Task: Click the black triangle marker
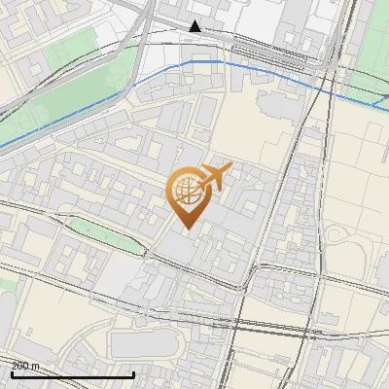coord(195,26)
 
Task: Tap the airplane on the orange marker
coord(215,176)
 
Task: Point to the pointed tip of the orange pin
coord(186,230)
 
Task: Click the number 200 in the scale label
coord(21,366)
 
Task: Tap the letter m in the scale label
coord(37,366)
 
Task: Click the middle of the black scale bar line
coord(72,374)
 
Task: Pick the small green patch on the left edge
coord(6,283)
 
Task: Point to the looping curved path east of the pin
coord(345,238)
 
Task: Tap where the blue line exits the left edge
coord(2,146)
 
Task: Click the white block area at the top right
coord(263,19)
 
